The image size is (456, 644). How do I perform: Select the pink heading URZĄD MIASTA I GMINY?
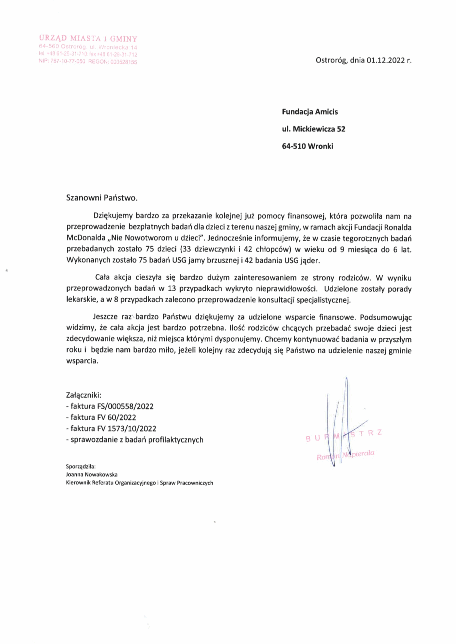[88, 38]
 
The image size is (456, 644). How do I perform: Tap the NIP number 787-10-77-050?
[68, 62]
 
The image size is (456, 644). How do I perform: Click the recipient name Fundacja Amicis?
[310, 112]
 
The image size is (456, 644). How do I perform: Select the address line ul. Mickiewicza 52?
[314, 129]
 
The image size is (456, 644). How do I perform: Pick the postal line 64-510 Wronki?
[307, 146]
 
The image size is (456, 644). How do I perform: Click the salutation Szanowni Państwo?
[102, 198]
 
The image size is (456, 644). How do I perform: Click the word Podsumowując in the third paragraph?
[385, 317]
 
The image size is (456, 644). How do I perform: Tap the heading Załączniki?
[83, 395]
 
